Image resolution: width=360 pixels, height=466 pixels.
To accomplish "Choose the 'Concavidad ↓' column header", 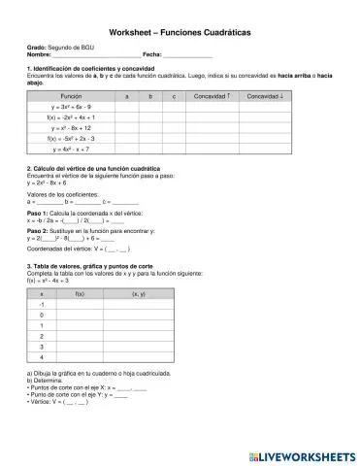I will click(x=265, y=96).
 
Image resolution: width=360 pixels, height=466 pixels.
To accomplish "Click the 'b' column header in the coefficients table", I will click(x=150, y=96).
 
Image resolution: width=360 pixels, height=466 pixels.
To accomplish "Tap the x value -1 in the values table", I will click(x=41, y=305).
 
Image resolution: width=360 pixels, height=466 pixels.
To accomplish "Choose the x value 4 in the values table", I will click(x=41, y=357).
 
